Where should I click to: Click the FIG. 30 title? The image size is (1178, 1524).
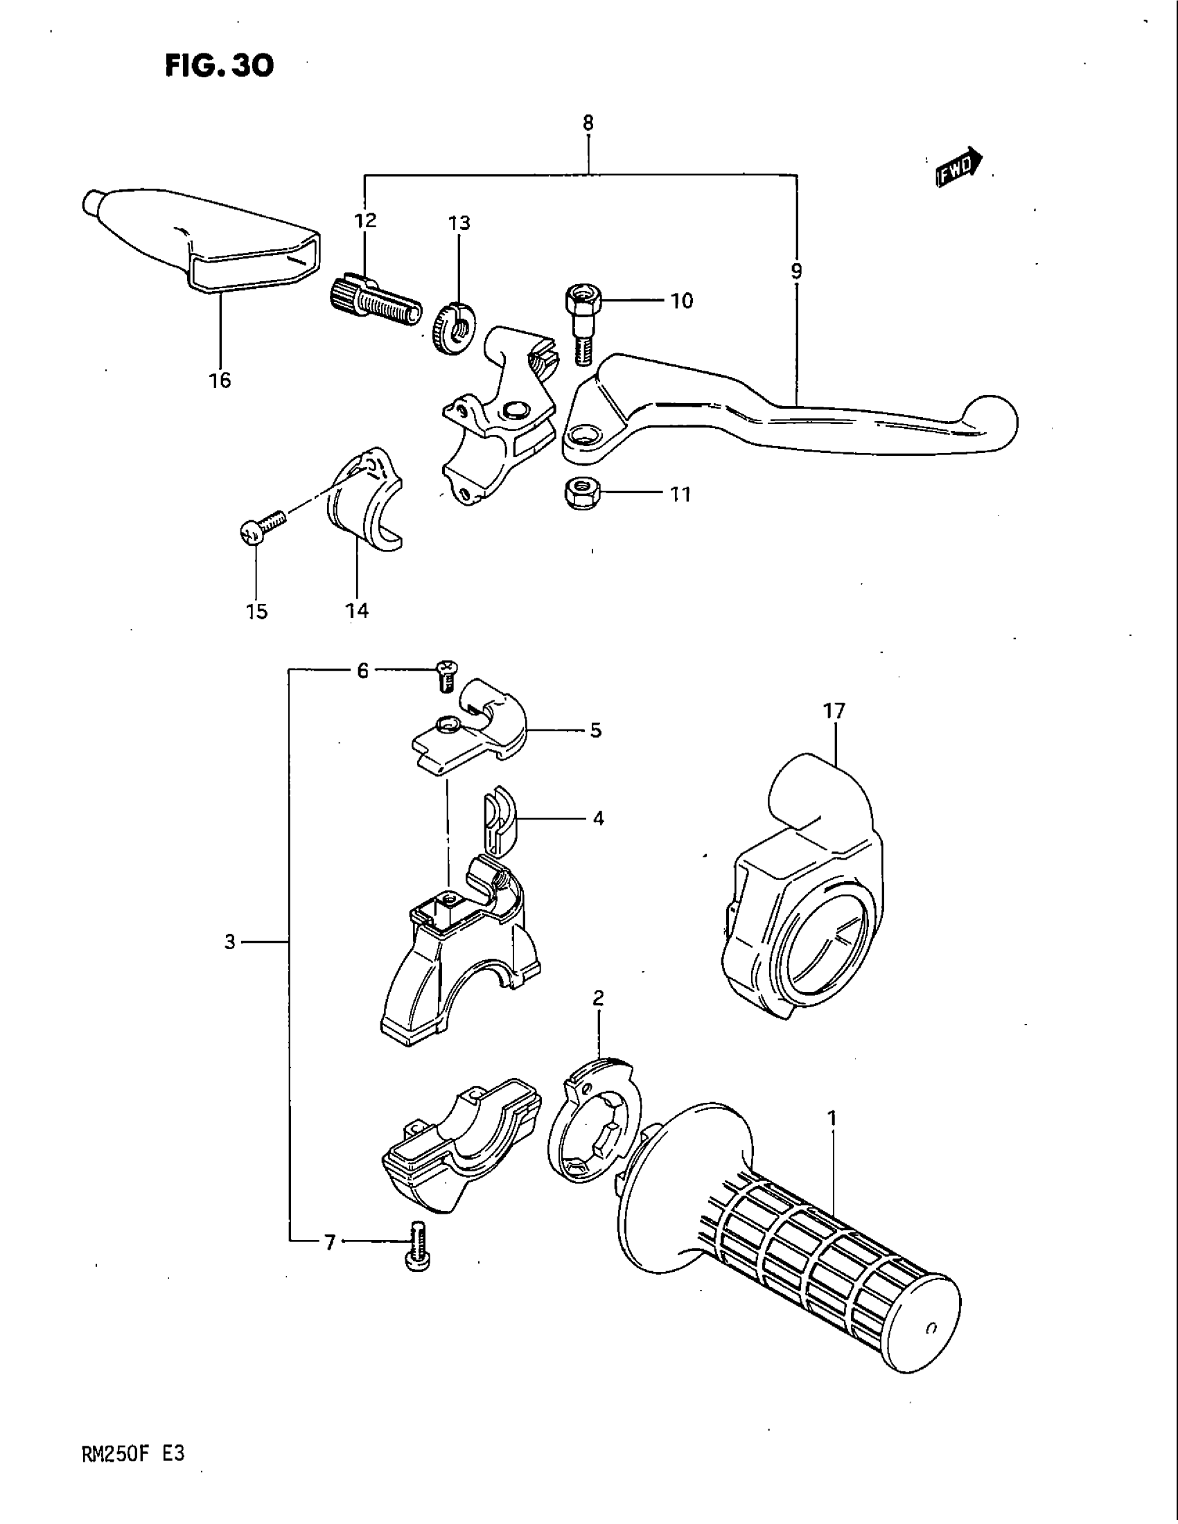[220, 66]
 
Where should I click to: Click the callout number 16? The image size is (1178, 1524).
[220, 380]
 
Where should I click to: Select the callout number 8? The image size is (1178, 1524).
[588, 123]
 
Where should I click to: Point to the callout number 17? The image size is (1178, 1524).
[833, 711]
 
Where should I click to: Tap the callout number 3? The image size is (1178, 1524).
[230, 943]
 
